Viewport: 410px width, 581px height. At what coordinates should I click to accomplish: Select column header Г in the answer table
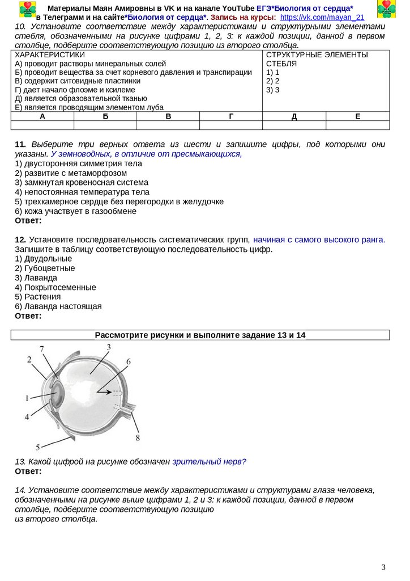[x=231, y=116]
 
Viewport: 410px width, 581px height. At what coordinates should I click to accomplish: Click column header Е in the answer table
[x=357, y=116]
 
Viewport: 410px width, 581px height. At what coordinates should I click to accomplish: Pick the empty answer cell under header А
[x=42, y=125]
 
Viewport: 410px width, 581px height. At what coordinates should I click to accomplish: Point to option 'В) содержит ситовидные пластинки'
[x=78, y=81]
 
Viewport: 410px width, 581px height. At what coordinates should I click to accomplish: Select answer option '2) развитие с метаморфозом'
[x=71, y=173]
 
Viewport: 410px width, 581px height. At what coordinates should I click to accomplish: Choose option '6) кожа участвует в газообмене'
[x=75, y=211]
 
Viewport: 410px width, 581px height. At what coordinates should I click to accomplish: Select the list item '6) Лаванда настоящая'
[x=58, y=306]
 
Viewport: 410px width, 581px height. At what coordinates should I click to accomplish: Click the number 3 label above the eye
[x=108, y=347]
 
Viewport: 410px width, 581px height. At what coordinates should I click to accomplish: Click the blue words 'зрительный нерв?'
[x=210, y=462]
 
